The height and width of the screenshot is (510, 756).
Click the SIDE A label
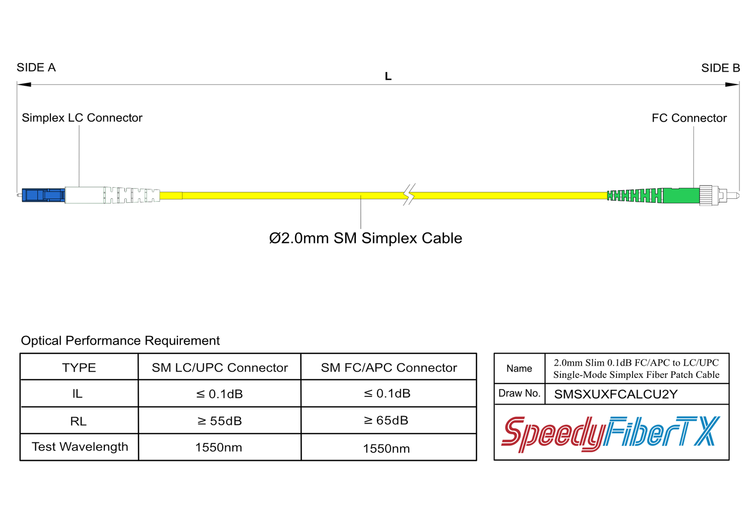tap(36, 68)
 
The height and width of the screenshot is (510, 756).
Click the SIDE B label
tap(720, 68)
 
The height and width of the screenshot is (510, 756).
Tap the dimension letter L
tap(388, 77)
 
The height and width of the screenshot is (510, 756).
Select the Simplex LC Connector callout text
tap(82, 118)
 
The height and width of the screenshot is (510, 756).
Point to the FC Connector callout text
tap(689, 118)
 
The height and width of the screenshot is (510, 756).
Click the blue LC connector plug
tap(43, 195)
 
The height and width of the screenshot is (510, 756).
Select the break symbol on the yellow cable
tap(409, 194)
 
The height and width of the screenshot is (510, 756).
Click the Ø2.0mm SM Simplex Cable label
tap(365, 238)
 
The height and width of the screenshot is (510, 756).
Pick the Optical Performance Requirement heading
tap(120, 341)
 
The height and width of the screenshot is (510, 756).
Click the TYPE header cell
tap(79, 368)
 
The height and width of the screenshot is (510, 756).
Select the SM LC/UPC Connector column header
tap(220, 368)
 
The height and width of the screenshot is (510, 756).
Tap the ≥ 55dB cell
tap(220, 421)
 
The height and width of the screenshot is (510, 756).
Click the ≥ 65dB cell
tap(386, 420)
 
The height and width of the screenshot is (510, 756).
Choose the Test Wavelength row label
tap(80, 447)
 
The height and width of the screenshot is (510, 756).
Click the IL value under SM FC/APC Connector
tap(387, 393)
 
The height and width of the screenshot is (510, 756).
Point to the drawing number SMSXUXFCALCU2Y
tap(616, 394)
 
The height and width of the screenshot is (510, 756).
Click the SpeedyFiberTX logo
tap(611, 433)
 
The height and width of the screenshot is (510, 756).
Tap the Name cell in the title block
tap(519, 369)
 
